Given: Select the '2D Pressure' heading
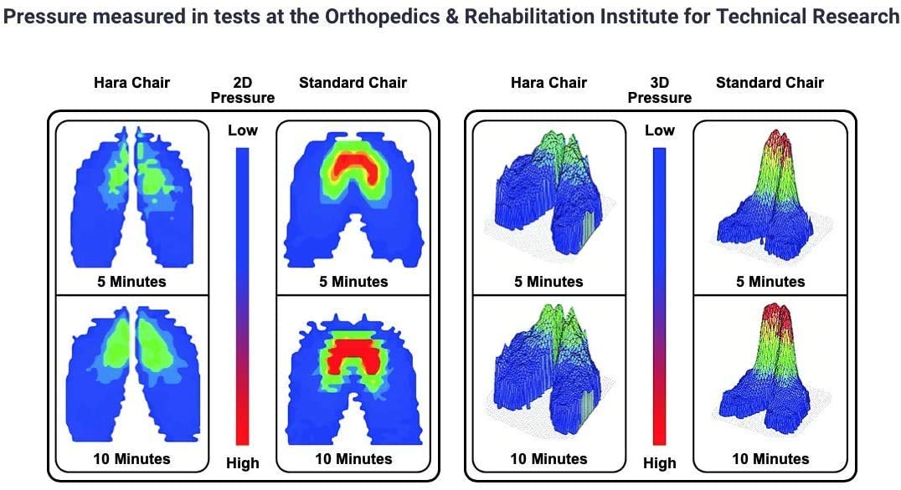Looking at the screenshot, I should [242, 90].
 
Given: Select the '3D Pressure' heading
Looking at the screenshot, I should [659, 90].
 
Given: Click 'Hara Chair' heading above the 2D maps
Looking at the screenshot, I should [132, 82].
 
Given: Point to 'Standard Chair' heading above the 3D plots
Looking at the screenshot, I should [770, 82].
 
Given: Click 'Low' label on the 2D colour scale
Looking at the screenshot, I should [243, 130].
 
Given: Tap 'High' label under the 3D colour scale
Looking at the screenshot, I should [660, 462].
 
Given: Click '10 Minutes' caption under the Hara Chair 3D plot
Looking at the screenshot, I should [548, 459].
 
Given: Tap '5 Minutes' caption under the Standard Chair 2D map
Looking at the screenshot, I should [353, 282].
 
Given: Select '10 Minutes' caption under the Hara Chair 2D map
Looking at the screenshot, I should [131, 459].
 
